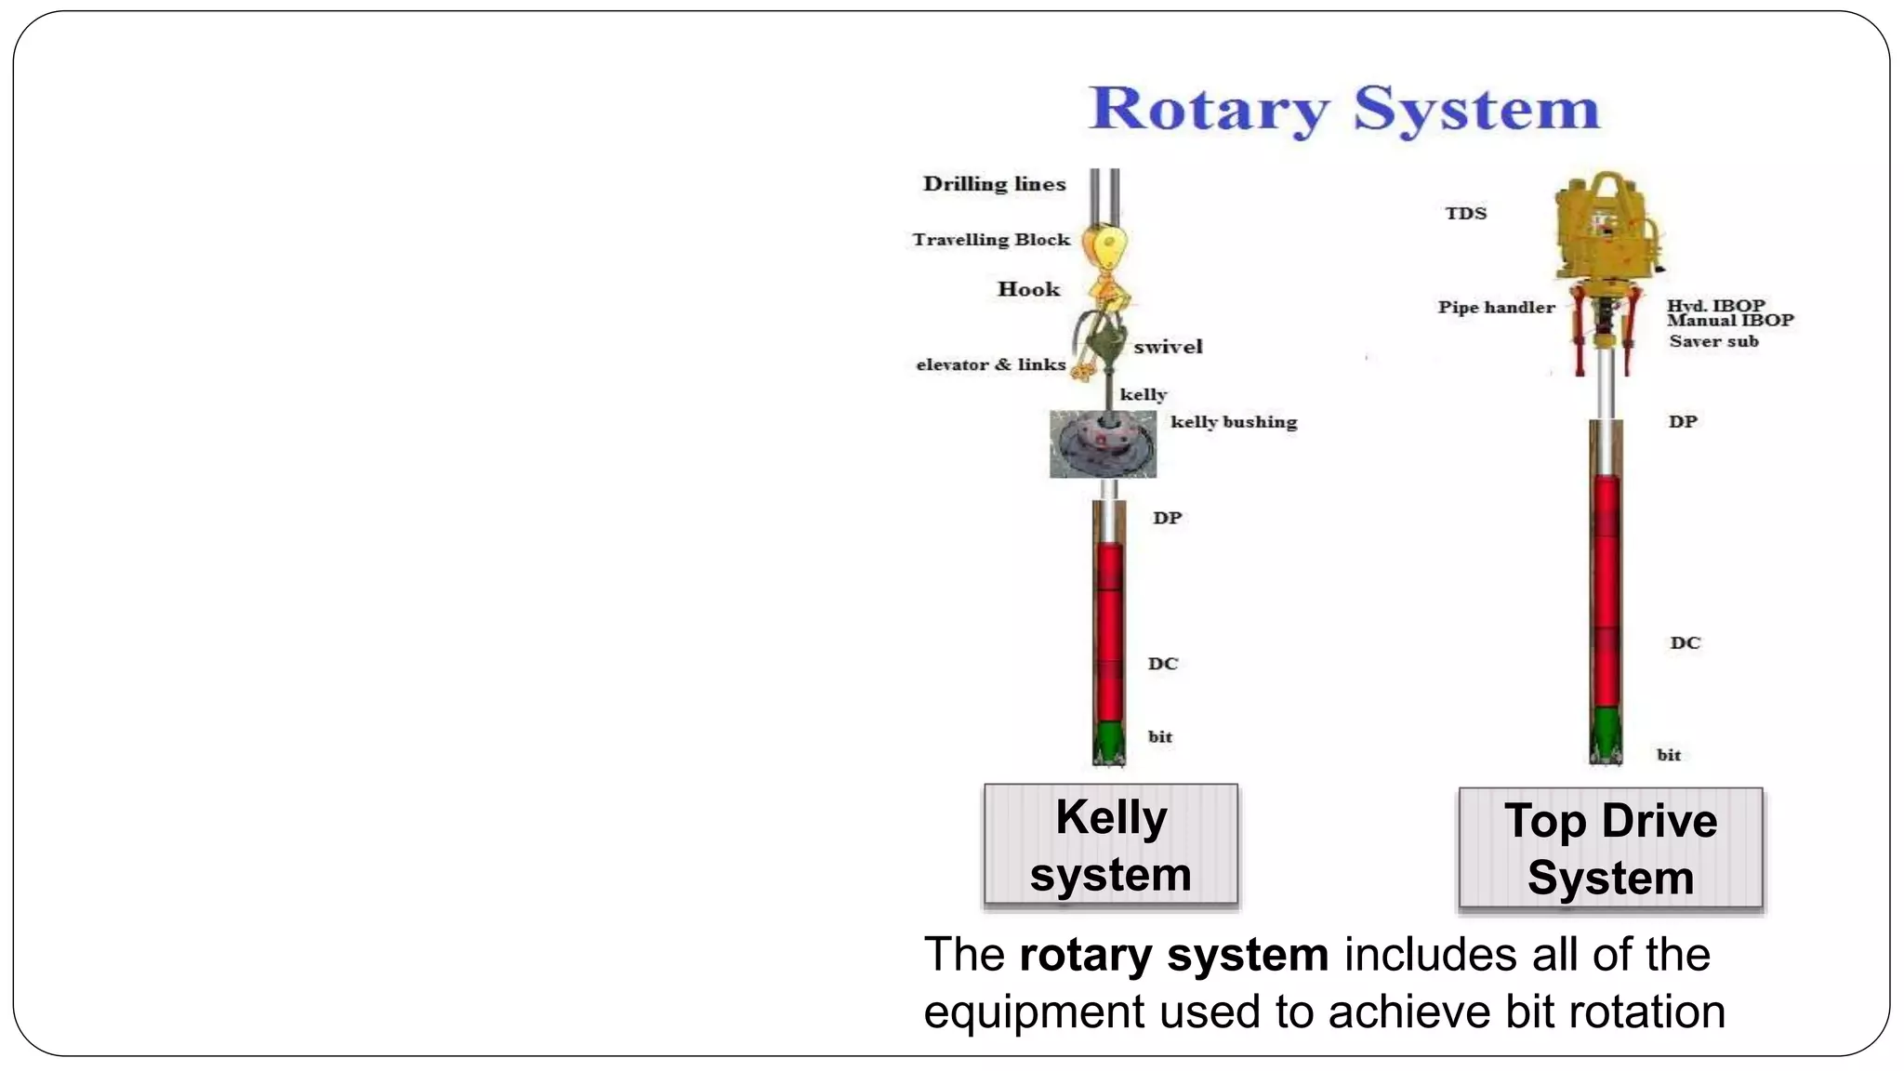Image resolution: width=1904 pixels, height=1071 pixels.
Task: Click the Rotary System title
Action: tap(1343, 110)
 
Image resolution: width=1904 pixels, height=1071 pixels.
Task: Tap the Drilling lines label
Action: tap(994, 184)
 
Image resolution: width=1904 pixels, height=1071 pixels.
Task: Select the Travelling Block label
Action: tap(991, 240)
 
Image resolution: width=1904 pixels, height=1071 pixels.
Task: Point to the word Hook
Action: tap(1028, 289)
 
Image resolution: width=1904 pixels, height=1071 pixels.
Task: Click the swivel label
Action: tap(1168, 347)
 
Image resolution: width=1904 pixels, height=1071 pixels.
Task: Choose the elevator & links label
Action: tap(991, 364)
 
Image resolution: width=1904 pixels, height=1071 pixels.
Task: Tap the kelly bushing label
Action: tap(1233, 422)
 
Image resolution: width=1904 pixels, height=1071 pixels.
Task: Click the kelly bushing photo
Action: tap(1103, 444)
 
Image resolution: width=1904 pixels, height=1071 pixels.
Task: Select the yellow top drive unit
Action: tap(1605, 228)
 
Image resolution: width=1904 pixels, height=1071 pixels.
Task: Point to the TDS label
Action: tap(1465, 214)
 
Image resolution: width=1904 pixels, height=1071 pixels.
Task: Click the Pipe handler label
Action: tap(1496, 308)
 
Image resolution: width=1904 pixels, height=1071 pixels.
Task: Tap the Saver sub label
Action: tap(1713, 341)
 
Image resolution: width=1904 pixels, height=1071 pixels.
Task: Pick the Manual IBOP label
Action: tap(1730, 321)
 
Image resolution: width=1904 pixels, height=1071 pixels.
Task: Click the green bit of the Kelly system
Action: tap(1108, 741)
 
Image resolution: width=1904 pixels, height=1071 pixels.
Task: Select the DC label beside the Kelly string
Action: tap(1162, 664)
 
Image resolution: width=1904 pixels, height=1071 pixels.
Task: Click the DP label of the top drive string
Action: tap(1682, 422)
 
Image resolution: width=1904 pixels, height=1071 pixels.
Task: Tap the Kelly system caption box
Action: tap(1111, 844)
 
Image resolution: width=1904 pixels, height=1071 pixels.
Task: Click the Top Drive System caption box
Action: tap(1610, 849)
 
